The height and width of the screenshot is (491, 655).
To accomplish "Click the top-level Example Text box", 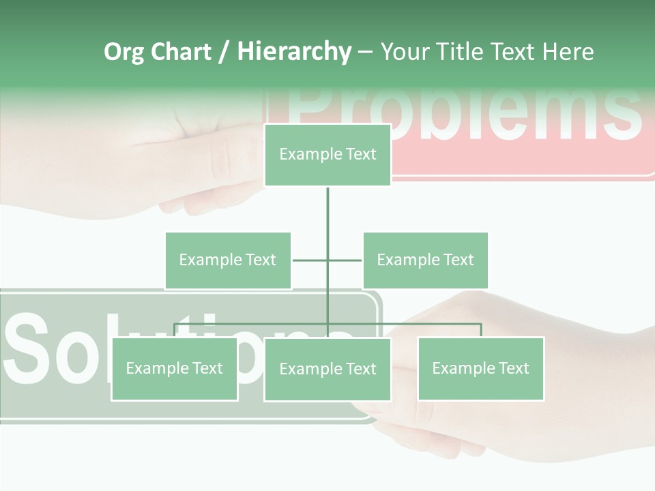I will [327, 155].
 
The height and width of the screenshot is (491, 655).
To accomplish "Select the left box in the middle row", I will [228, 261].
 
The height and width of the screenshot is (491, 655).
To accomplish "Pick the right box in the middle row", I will [425, 261].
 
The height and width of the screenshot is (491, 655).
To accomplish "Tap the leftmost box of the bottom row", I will [175, 369].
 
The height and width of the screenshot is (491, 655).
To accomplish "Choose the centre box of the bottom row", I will [327, 370].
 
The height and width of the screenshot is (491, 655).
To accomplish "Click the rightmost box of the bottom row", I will [481, 369].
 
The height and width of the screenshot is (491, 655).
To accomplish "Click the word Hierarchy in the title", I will [294, 52].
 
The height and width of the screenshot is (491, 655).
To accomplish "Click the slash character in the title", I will [224, 53].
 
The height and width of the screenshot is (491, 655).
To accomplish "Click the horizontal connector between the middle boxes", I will [310, 260].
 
